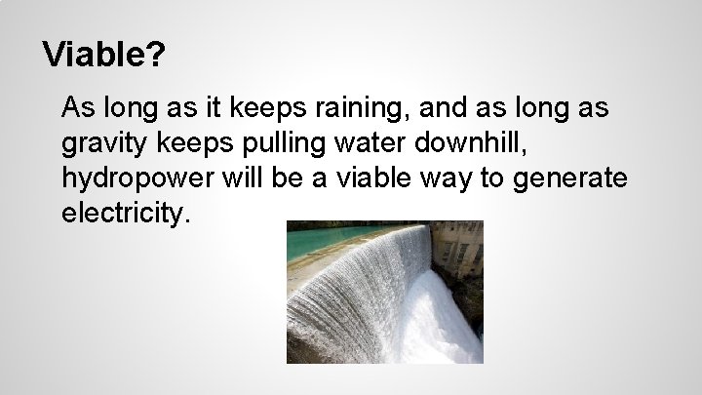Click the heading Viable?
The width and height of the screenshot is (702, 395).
pos(103,55)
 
